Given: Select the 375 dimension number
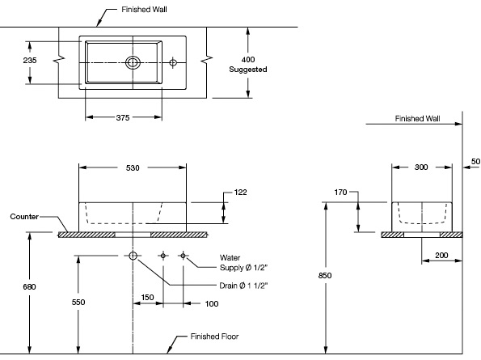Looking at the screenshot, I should (x=122, y=118).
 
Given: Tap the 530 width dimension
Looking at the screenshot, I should (x=133, y=168).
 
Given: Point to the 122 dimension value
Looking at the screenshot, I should (x=240, y=193).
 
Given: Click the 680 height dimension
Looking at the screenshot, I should (x=29, y=286).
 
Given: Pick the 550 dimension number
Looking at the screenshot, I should (x=78, y=302).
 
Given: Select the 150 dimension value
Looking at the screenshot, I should (x=148, y=297).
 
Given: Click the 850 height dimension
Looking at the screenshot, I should (x=325, y=276).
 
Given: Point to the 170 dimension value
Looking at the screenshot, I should (x=340, y=193).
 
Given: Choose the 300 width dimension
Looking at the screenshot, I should (x=421, y=168).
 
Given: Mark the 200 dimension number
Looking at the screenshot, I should (x=441, y=255).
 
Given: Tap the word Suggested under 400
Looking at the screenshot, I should (x=248, y=70).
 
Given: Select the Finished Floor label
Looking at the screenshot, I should (x=214, y=336).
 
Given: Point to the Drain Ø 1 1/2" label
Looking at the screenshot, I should (x=242, y=286).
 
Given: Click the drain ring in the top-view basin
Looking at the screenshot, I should (x=133, y=61).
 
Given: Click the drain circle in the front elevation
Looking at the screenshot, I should (x=133, y=256).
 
